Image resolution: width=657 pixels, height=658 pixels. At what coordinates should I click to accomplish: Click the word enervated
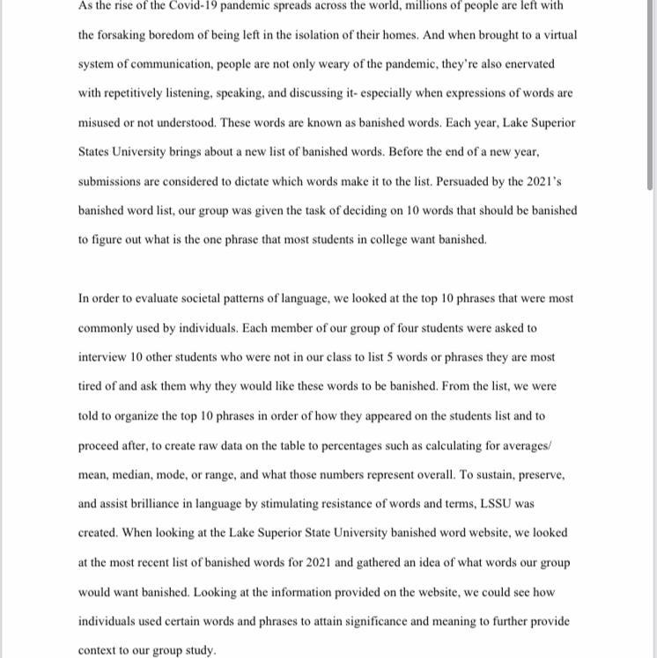(x=527, y=64)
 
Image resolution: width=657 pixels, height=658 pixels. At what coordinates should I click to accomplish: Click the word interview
(x=102, y=357)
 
